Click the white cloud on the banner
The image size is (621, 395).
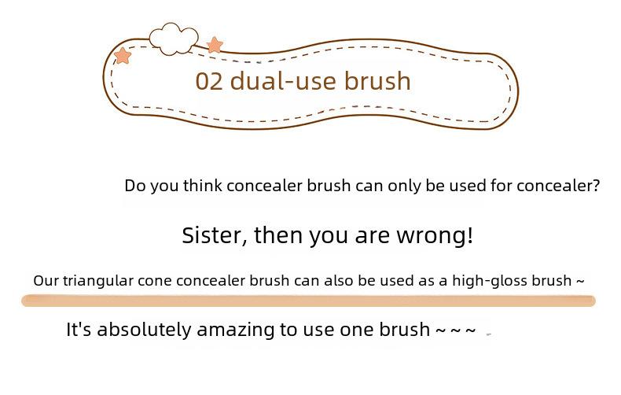(x=174, y=39)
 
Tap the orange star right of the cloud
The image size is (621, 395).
(x=215, y=45)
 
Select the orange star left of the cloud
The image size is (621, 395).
(x=123, y=56)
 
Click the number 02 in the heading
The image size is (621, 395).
(x=209, y=81)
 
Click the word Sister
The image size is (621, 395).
(x=215, y=235)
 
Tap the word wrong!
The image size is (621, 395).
(x=435, y=235)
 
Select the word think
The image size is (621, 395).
(x=202, y=186)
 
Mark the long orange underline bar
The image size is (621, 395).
(x=308, y=301)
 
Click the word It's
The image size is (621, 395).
(x=79, y=329)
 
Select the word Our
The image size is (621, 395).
(x=46, y=281)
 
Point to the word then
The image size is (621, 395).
(x=278, y=235)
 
